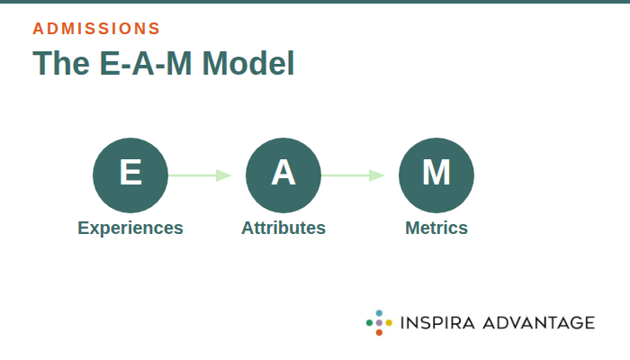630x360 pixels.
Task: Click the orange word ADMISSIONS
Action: [96, 28]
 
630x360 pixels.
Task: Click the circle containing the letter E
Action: [130, 175]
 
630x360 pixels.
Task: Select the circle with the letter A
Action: [283, 175]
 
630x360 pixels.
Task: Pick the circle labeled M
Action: [436, 175]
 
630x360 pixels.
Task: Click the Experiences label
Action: [130, 228]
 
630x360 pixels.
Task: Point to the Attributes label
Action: [283, 228]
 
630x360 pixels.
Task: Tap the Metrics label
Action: [436, 228]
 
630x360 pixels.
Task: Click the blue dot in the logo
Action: [379, 312]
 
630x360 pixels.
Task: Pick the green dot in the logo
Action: [369, 322]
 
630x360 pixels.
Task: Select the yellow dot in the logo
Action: [389, 322]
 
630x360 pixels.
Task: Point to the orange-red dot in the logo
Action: [379, 332]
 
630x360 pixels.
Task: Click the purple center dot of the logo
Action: [379, 322]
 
